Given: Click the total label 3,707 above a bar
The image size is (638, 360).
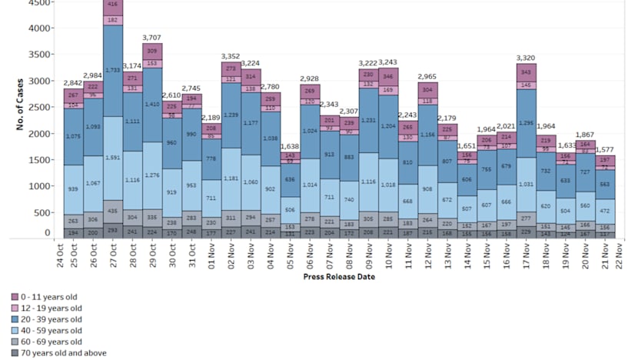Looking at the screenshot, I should click(152, 37).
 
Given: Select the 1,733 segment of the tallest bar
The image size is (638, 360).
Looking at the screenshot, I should click(113, 70).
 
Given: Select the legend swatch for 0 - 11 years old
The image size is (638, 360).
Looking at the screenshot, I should click(15, 296).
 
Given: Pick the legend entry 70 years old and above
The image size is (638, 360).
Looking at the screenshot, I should click(58, 353).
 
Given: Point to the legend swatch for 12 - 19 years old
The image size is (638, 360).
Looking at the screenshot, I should click(15, 308).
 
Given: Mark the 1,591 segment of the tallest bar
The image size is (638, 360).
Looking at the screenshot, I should click(113, 158).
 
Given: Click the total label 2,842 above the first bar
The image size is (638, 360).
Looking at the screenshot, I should click(74, 82).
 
